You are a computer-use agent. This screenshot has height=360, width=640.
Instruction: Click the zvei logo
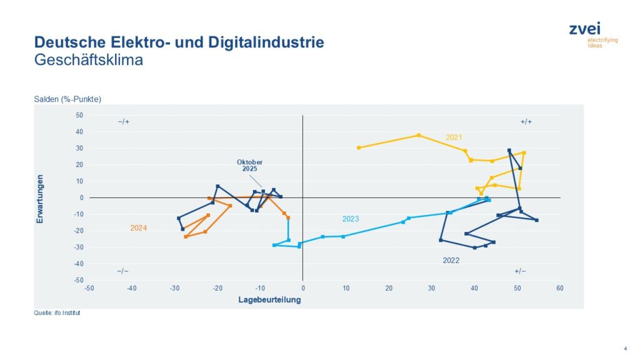[593, 34]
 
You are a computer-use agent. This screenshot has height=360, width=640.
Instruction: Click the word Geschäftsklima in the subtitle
[89, 60]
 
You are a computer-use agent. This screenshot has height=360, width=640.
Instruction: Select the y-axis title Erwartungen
[40, 199]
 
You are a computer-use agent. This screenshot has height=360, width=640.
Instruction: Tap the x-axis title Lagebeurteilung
[269, 300]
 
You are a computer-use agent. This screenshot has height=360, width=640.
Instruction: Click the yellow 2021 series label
[454, 137]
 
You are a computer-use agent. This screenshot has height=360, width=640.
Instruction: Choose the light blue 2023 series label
[351, 219]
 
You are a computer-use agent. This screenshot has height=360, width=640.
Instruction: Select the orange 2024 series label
[139, 228]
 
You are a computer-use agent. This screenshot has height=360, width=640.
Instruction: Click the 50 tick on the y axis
[79, 115]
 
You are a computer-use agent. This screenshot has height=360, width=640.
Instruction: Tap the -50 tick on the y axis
[78, 280]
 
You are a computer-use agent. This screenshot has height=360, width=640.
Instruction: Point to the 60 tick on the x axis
[560, 288]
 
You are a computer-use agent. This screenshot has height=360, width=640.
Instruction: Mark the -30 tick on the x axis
[174, 288]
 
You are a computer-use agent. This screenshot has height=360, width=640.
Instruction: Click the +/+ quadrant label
[526, 121]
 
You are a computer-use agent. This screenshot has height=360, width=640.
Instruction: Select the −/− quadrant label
[123, 271]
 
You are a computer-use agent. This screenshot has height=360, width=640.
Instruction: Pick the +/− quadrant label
[520, 271]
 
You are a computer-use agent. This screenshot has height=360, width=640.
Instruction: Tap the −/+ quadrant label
[123, 121]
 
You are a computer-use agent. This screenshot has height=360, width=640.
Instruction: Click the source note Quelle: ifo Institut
[57, 313]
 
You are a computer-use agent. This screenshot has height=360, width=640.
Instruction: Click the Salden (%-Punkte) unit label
[67, 99]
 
